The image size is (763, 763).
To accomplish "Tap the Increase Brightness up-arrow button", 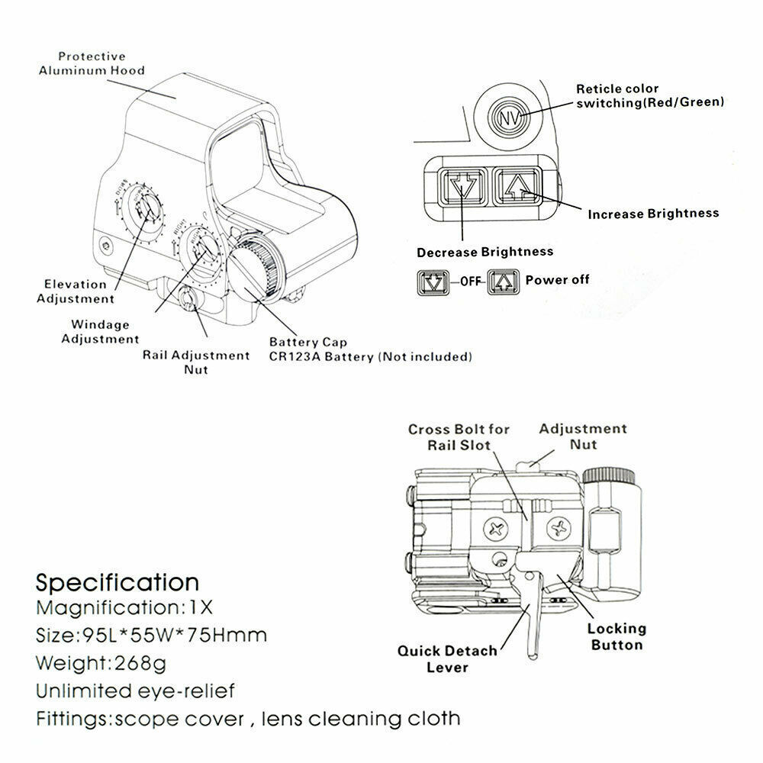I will [x=517, y=185].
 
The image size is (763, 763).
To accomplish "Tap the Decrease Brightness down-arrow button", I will [x=462, y=185].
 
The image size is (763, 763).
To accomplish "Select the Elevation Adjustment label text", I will [x=75, y=291].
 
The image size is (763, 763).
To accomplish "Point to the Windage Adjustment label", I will [x=100, y=332].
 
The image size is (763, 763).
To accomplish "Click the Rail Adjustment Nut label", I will [x=196, y=362].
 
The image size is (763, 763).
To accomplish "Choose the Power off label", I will [x=557, y=280].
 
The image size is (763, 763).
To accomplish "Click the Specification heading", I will [x=118, y=583].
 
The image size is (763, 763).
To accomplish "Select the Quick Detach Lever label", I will [x=447, y=659].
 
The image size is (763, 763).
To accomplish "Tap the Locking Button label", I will [x=616, y=636].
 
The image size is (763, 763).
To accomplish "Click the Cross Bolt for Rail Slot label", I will [x=459, y=437].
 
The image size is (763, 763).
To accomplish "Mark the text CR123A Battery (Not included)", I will [x=370, y=356].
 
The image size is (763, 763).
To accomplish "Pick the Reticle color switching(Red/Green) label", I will [x=649, y=95].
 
